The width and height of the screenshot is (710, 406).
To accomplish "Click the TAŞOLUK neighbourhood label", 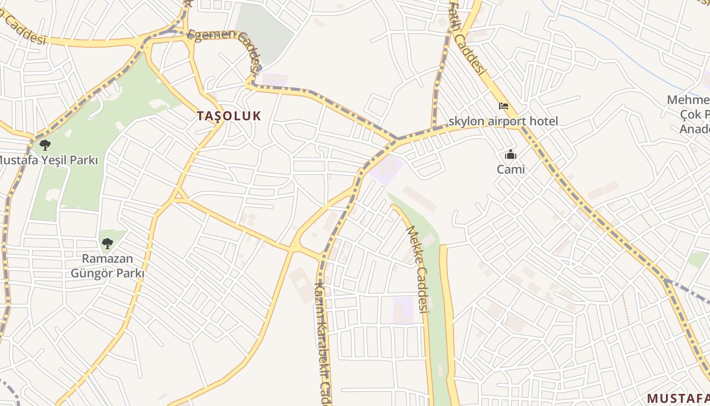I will [229, 116].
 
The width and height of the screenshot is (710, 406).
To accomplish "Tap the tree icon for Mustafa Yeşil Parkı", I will [45, 146].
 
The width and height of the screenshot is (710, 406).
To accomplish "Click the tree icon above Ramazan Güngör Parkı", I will [107, 244].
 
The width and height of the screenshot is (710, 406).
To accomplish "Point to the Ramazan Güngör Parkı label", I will [107, 266].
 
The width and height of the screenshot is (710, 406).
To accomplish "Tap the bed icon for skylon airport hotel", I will [504, 106].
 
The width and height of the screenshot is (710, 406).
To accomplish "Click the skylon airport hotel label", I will [503, 121].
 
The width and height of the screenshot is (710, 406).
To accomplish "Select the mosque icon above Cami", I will [510, 155].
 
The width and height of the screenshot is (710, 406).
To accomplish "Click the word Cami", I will [511, 169].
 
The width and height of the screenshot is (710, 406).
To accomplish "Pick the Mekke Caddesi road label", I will [418, 269].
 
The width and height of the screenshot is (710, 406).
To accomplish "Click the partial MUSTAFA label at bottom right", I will [679, 397].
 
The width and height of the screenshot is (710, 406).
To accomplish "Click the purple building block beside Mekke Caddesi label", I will [403, 310].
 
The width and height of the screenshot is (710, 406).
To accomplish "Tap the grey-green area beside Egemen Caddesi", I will [264, 30].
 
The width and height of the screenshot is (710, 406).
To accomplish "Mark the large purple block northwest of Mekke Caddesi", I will [386, 169].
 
